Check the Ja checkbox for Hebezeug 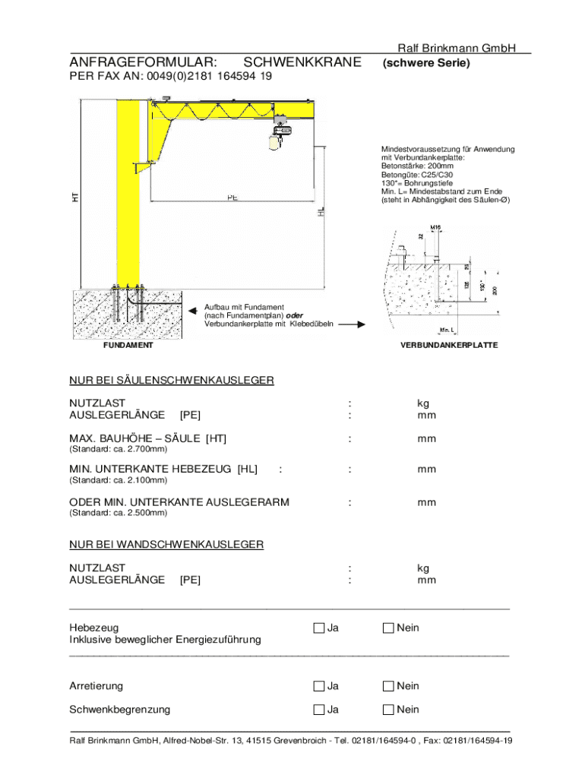click(x=319, y=628)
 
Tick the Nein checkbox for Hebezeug click(x=388, y=628)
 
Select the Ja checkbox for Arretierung click(x=319, y=686)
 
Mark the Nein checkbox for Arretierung click(x=388, y=686)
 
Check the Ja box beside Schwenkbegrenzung click(x=319, y=710)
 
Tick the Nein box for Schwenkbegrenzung click(x=388, y=710)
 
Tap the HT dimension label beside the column click(x=75, y=197)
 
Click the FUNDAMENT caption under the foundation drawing click(x=128, y=345)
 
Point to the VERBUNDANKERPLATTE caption click(x=449, y=345)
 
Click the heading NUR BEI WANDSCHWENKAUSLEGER click(x=166, y=544)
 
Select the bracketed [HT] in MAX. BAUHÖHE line click(x=216, y=438)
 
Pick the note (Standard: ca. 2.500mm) click(x=119, y=513)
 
